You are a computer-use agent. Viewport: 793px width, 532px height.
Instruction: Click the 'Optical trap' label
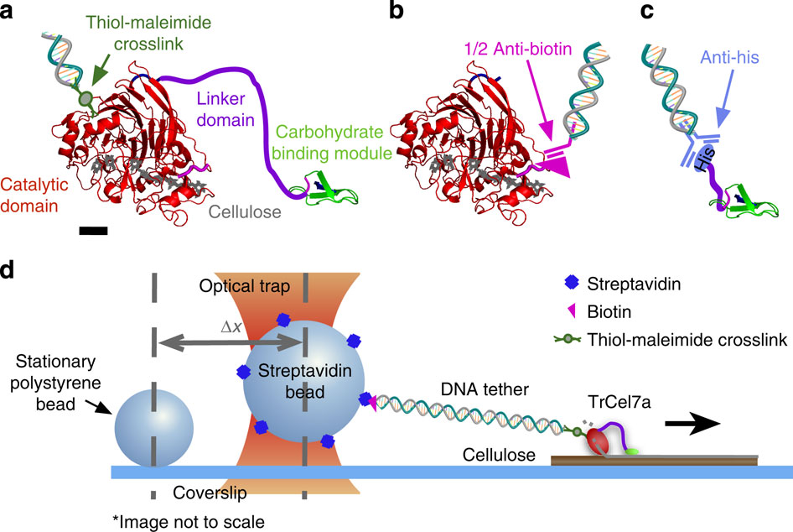[246, 287]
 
